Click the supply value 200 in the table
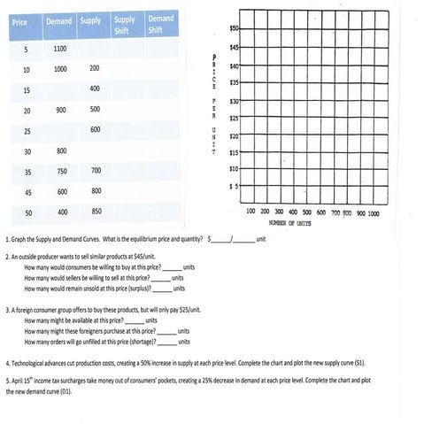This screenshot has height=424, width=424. [95, 68]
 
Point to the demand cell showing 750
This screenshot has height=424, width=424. [62, 171]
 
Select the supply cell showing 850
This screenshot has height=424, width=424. [95, 212]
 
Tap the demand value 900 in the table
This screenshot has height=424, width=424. [60, 110]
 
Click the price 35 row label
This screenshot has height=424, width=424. [27, 171]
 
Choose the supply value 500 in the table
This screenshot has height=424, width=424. [95, 110]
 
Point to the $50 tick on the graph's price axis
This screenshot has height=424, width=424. [235, 30]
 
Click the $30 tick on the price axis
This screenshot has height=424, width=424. [235, 101]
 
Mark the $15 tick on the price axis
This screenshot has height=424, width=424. [235, 152]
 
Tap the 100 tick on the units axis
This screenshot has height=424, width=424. [251, 212]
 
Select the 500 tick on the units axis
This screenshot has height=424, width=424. [306, 212]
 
